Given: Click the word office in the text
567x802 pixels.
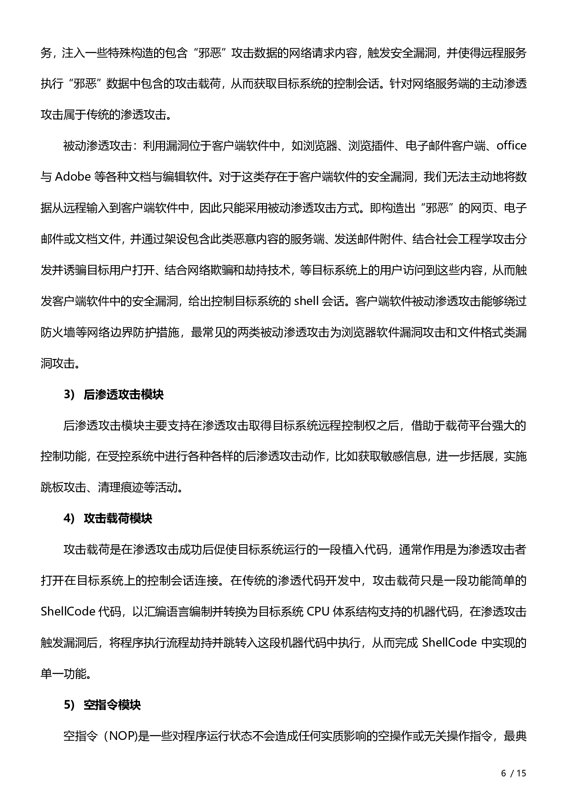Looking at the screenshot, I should (511, 146).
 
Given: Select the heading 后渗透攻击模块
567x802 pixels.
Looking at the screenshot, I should (123, 395).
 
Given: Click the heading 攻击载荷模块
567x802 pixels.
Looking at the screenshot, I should (118, 519).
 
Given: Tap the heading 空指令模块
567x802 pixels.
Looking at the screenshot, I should (112, 705).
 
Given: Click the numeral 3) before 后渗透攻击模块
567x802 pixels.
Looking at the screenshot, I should (69, 395).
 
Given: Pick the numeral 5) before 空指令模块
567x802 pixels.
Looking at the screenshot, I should (69, 705).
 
